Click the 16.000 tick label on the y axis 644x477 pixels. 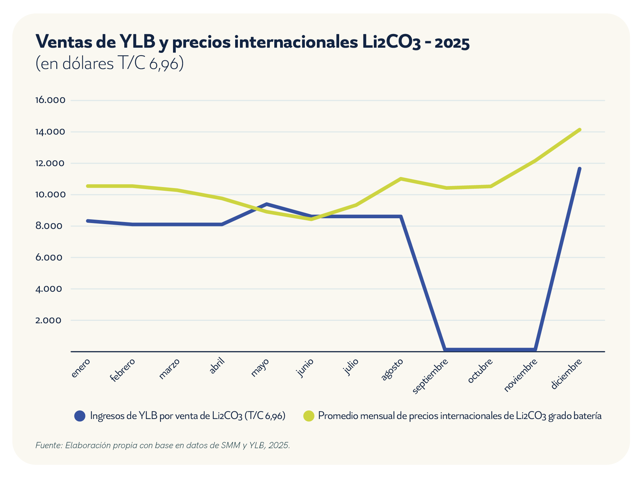(50, 100)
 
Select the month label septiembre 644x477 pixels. (430, 376)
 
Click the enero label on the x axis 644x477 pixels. (81, 368)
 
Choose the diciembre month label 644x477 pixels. (567, 374)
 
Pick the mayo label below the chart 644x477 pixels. (260, 368)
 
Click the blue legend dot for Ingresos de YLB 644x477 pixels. (80, 416)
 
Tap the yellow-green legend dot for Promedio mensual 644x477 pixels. (309, 416)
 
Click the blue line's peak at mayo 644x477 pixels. (267, 204)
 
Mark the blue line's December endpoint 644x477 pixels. (579, 168)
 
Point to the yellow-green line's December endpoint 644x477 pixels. (579, 130)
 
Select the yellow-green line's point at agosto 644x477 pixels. (401, 179)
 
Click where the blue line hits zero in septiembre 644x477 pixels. (445, 350)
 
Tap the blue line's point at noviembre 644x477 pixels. (534, 350)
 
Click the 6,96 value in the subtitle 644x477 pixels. (164, 64)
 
